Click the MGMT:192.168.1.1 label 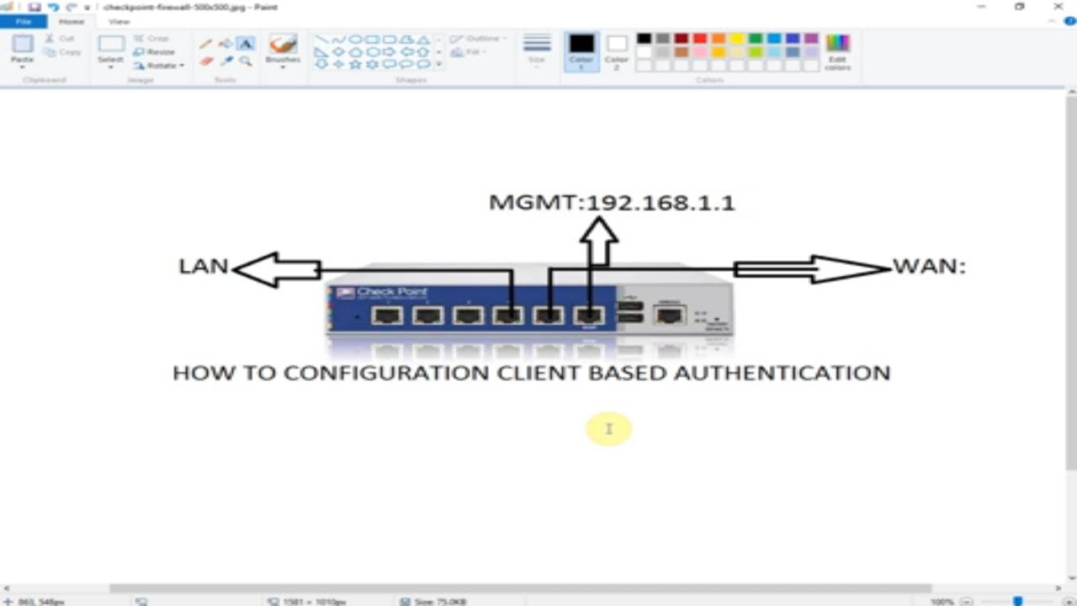[612, 203]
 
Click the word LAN [204, 266]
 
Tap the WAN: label [929, 266]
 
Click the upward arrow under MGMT [599, 240]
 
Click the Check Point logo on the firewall [383, 292]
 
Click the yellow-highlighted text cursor [608, 429]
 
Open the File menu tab [24, 21]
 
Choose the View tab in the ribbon [119, 21]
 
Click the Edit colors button [837, 50]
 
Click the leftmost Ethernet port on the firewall [387, 316]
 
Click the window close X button [1058, 7]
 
